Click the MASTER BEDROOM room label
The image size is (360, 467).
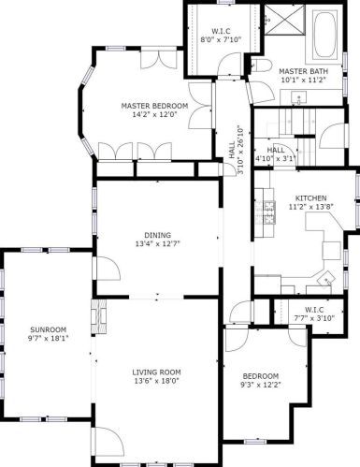tap(154, 106)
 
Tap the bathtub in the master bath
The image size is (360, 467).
tap(324, 35)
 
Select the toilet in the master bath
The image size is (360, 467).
tap(261, 66)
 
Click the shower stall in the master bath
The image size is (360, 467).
tap(284, 21)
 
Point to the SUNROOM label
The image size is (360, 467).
tap(49, 329)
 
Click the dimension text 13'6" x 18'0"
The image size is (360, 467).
tap(156, 381)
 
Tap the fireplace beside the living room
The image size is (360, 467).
tap(99, 316)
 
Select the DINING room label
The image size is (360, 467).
tap(158, 235)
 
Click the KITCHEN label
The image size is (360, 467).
tap(310, 198)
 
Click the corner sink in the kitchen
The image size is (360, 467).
tap(326, 277)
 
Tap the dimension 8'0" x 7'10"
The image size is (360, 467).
tap(221, 39)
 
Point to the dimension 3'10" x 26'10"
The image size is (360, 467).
tap(240, 150)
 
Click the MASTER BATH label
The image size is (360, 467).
tap(303, 71)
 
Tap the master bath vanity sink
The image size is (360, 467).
tap(298, 97)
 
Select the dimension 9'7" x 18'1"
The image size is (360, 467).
tap(48, 338)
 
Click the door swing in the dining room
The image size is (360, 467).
tap(108, 269)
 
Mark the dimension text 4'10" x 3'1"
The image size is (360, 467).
tap(275, 159)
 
